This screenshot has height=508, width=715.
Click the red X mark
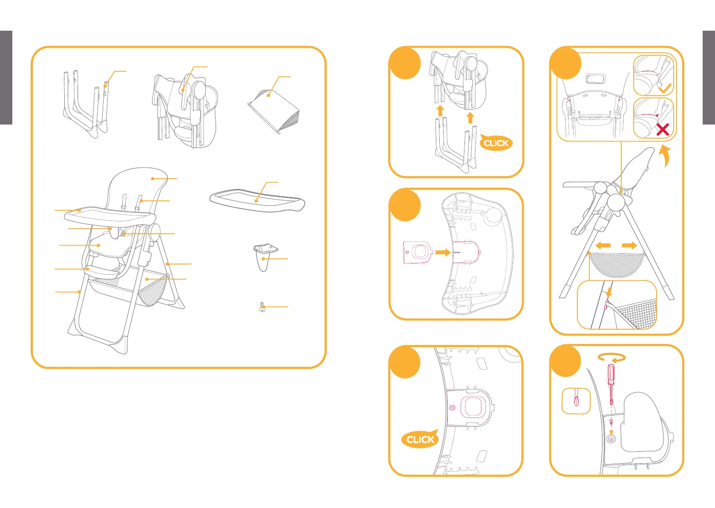tap(662, 129)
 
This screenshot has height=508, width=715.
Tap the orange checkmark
tap(665, 88)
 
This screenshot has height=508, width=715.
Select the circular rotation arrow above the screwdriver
tap(611, 357)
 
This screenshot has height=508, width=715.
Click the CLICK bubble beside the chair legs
tap(496, 143)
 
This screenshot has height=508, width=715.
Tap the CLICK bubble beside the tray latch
tap(420, 439)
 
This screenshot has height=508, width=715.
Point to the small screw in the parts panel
tap(262, 307)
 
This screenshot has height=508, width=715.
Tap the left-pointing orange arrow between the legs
tap(603, 246)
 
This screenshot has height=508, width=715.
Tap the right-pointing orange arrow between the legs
tap(629, 246)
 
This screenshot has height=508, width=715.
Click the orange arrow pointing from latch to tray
tap(443, 253)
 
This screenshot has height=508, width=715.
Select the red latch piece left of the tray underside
tap(418, 253)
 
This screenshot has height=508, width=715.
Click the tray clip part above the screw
tap(264, 256)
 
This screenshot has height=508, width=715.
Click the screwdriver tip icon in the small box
tap(576, 401)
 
